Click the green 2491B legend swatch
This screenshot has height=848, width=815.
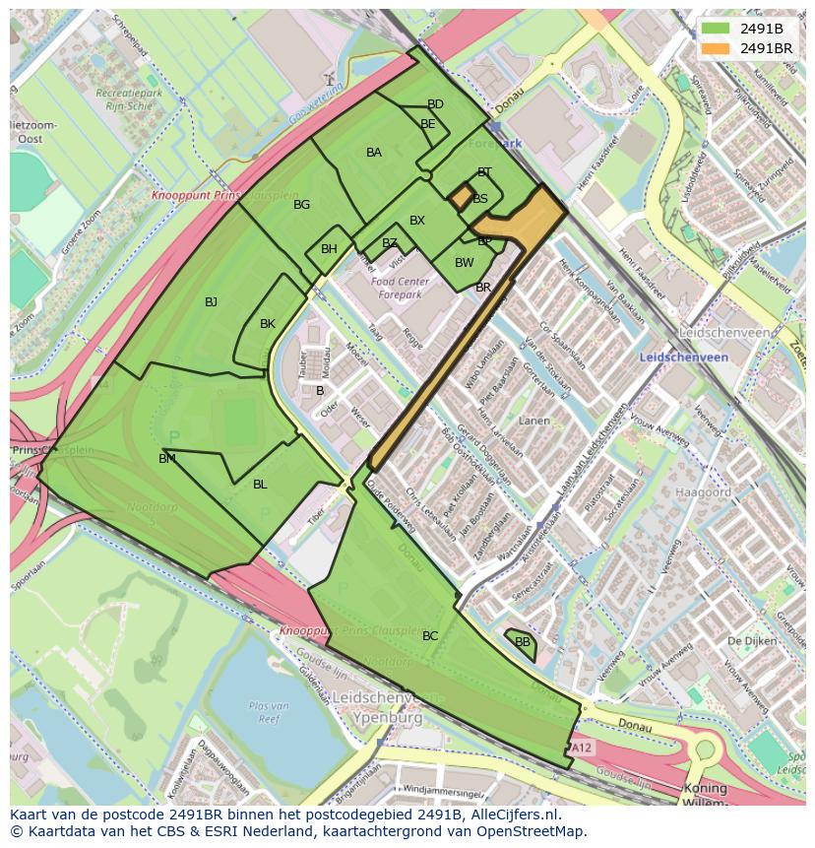click(x=716, y=29)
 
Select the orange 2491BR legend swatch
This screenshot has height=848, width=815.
click(x=716, y=47)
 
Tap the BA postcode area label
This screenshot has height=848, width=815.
click(x=374, y=153)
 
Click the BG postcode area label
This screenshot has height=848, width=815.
click(x=302, y=205)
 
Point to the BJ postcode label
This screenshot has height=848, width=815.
click(x=212, y=302)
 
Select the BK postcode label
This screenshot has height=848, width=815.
click(x=268, y=324)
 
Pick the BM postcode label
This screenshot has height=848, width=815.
click(x=167, y=459)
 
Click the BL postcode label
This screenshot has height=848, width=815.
click(x=260, y=485)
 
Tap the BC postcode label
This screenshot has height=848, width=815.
click(x=430, y=636)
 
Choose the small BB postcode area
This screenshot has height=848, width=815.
click(x=523, y=642)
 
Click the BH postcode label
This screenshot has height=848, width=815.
click(x=329, y=249)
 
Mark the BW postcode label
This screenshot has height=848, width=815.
click(x=465, y=263)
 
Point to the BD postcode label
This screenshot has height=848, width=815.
click(x=435, y=104)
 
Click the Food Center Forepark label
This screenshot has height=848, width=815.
click(x=396, y=288)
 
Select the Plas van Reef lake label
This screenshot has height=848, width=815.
click(x=268, y=711)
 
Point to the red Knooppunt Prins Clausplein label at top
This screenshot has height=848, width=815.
click(x=215, y=196)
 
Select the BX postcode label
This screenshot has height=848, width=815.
click(x=417, y=221)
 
